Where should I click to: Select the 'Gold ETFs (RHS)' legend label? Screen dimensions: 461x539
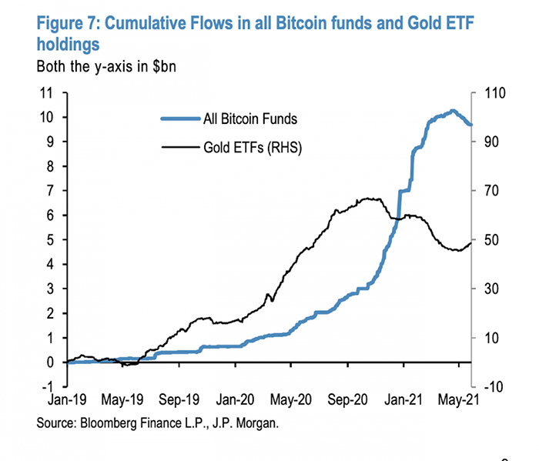[251, 146]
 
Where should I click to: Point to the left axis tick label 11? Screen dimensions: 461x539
[47, 93]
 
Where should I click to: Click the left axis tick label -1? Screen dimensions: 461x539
[48, 386]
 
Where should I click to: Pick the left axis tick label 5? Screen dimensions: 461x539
[51, 240]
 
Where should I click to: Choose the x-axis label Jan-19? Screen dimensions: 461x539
[68, 401]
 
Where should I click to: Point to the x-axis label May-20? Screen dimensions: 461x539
[293, 401]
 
